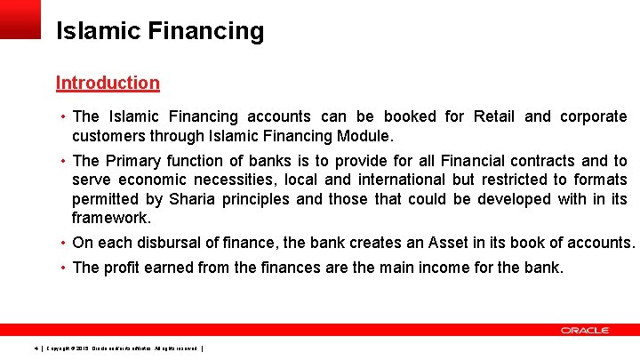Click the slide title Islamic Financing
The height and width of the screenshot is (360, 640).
160,32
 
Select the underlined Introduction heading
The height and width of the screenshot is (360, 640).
108,83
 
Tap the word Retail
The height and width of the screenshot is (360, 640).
494,116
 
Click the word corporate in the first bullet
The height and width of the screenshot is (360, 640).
593,116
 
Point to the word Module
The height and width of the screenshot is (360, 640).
366,136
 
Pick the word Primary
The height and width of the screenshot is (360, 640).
133,161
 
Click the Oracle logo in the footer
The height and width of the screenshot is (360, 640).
584,330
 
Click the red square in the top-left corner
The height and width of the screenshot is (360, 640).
20,19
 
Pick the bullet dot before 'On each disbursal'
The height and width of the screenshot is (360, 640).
64,243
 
